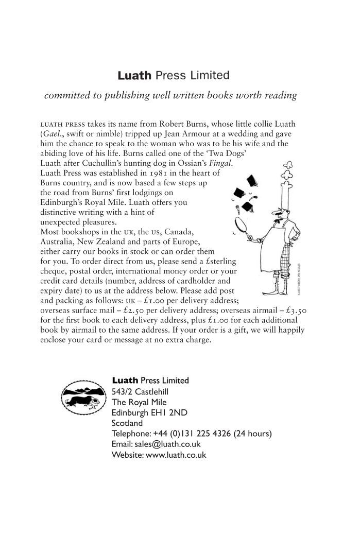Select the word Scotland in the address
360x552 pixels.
tap(127, 423)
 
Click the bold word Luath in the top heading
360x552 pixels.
tap(135, 76)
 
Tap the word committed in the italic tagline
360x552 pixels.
tap(65, 95)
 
